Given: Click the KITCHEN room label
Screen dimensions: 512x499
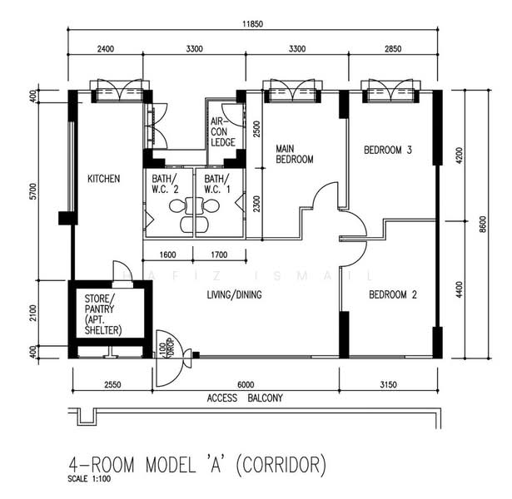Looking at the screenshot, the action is pyautogui.click(x=103, y=179).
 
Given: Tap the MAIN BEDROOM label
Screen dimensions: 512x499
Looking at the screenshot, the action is pyautogui.click(x=294, y=154).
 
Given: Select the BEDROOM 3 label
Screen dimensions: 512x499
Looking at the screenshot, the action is pyautogui.click(x=388, y=150).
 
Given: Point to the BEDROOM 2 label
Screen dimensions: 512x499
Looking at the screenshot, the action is pyautogui.click(x=392, y=295).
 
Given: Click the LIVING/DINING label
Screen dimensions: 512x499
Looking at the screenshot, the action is pyautogui.click(x=234, y=295).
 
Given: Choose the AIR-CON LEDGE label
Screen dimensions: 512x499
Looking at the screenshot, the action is pyautogui.click(x=222, y=131).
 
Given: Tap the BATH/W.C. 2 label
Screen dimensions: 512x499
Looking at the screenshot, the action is pyautogui.click(x=165, y=184).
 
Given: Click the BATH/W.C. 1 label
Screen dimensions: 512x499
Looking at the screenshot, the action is pyautogui.click(x=217, y=184).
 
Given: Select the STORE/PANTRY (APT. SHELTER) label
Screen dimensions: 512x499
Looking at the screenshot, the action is pyautogui.click(x=103, y=314).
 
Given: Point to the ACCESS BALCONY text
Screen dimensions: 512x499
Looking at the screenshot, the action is pyautogui.click(x=245, y=398).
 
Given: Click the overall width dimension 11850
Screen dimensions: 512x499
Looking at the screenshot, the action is pyautogui.click(x=252, y=24).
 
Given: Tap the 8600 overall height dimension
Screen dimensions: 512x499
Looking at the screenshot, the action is pyautogui.click(x=483, y=225).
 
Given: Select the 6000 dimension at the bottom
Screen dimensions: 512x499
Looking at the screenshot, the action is pyautogui.click(x=246, y=385).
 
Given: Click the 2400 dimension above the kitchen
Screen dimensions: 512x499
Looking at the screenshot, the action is pyautogui.click(x=106, y=49).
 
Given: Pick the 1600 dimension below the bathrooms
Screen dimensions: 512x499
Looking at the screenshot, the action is pyautogui.click(x=167, y=254).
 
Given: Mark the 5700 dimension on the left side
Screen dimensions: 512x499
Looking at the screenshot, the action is pyautogui.click(x=33, y=191).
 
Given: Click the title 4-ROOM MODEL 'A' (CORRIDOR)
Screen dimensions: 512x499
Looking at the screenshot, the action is pyautogui.click(x=197, y=465).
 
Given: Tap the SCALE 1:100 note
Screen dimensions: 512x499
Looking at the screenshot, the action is pyautogui.click(x=89, y=479).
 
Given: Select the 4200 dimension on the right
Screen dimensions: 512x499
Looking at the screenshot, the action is pyautogui.click(x=459, y=156).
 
